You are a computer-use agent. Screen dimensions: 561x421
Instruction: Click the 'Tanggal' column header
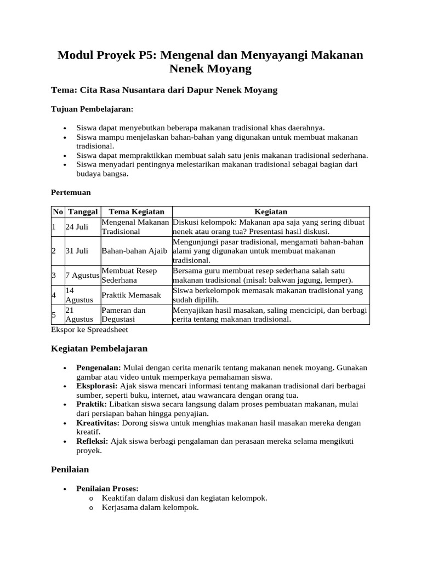tap(83, 211)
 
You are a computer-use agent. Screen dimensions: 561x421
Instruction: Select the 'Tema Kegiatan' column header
tap(136, 211)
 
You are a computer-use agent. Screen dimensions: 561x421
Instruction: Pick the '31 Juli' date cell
tap(77, 251)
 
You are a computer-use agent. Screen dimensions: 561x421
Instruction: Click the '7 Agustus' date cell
tap(82, 275)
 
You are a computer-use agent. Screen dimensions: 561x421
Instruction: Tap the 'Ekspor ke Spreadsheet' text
tap(89, 330)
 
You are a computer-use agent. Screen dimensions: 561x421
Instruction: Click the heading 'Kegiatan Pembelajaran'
tap(99, 348)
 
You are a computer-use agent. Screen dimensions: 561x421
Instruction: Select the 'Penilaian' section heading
tap(70, 470)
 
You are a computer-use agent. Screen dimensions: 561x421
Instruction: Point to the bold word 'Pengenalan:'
tap(99, 367)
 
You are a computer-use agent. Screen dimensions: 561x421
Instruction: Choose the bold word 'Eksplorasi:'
tap(97, 386)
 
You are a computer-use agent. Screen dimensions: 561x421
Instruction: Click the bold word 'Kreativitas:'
tap(98, 423)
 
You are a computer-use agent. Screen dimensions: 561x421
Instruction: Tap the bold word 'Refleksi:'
tap(93, 442)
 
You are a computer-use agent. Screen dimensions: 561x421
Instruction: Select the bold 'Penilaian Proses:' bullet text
tap(107, 488)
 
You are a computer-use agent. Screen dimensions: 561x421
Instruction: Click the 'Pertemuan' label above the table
tap(71, 193)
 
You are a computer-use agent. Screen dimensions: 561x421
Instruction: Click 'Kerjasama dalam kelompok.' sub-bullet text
tap(150, 507)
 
